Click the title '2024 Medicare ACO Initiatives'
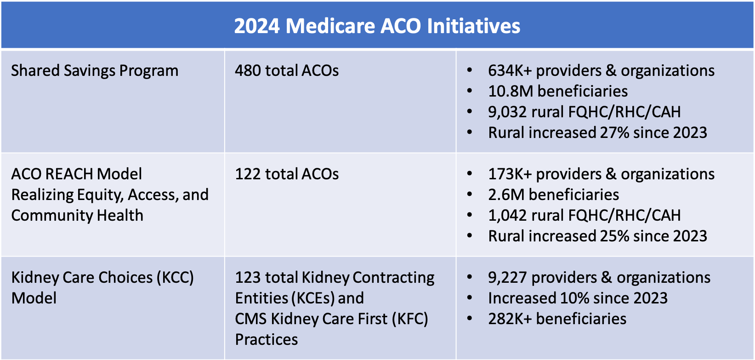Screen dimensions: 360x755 (377, 26)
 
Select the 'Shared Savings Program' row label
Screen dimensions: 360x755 (95, 71)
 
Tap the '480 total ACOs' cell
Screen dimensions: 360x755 (287, 71)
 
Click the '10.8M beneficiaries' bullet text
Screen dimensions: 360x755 (557, 91)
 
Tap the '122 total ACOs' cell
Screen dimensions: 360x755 (287, 174)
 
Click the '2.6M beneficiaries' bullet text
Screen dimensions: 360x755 (553, 195)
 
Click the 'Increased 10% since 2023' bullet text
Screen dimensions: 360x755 (578, 298)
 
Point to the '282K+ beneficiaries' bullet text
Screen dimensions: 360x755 (557, 319)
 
